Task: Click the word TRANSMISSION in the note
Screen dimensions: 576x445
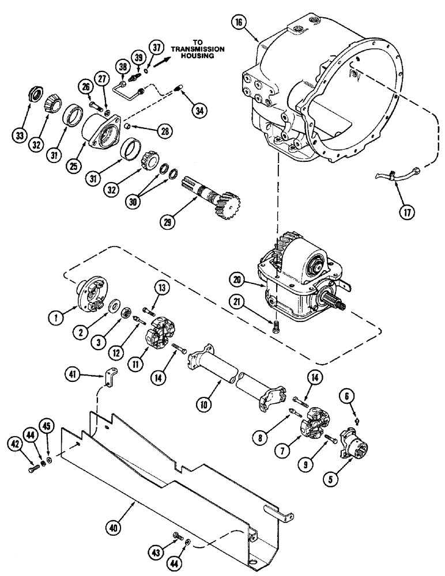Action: [188, 49]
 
